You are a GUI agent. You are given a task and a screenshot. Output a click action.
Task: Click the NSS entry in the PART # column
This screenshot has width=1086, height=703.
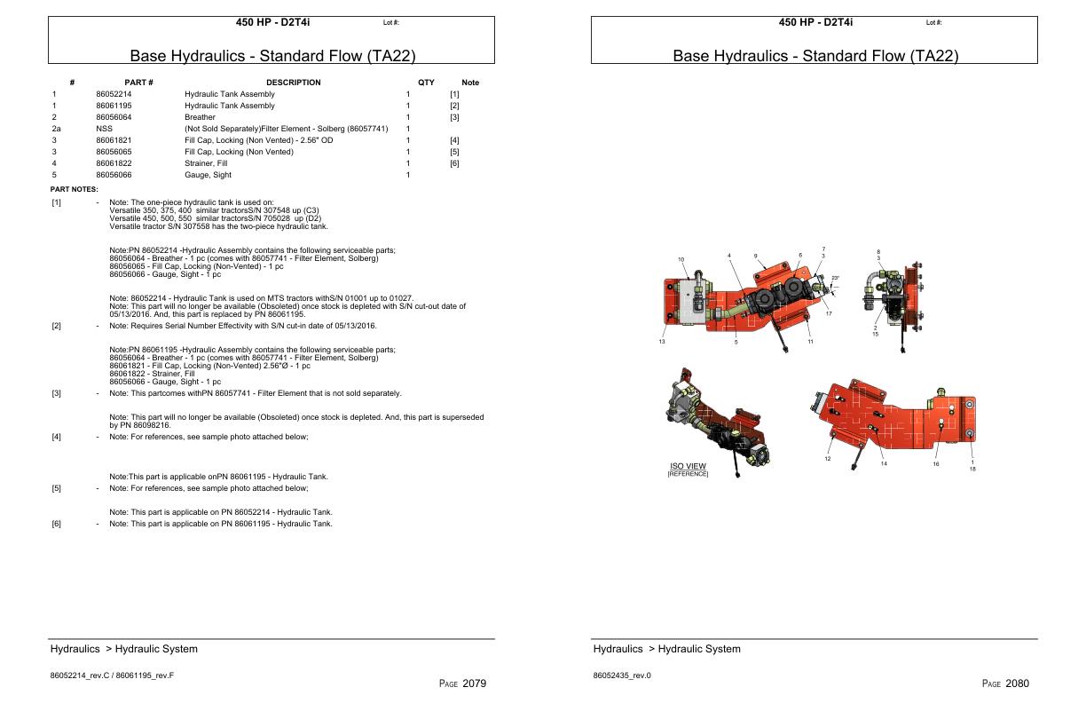coord(103,129)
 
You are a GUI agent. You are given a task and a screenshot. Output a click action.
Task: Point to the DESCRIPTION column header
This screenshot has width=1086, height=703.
coord(293,83)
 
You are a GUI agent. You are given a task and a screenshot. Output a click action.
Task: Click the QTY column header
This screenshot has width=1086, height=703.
coord(426,83)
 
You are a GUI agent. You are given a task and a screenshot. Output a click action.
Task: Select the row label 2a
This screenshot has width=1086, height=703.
coord(56,129)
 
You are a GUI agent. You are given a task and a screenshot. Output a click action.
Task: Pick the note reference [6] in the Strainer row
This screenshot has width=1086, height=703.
coord(454,163)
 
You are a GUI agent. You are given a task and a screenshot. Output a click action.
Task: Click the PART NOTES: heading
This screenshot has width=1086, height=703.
coord(74,188)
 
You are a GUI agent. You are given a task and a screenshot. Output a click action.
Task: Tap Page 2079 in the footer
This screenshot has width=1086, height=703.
coord(462,683)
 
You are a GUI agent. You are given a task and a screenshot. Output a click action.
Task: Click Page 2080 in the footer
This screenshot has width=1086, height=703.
coord(1005,683)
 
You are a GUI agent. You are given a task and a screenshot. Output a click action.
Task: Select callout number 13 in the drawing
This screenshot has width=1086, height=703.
coord(661,342)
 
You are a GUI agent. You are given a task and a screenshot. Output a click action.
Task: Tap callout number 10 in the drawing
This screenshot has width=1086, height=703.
coord(681,259)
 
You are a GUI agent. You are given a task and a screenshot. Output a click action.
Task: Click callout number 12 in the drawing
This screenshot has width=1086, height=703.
coord(827,458)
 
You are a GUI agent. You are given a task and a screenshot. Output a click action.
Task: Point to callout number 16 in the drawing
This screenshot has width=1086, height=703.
coord(936,463)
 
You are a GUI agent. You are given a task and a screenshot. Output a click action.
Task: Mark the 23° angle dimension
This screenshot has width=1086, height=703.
coord(834,279)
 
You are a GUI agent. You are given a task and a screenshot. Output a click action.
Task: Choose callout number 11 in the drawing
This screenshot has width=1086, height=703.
coord(810,342)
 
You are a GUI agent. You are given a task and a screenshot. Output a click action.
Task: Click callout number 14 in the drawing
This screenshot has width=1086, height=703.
coord(883,463)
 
